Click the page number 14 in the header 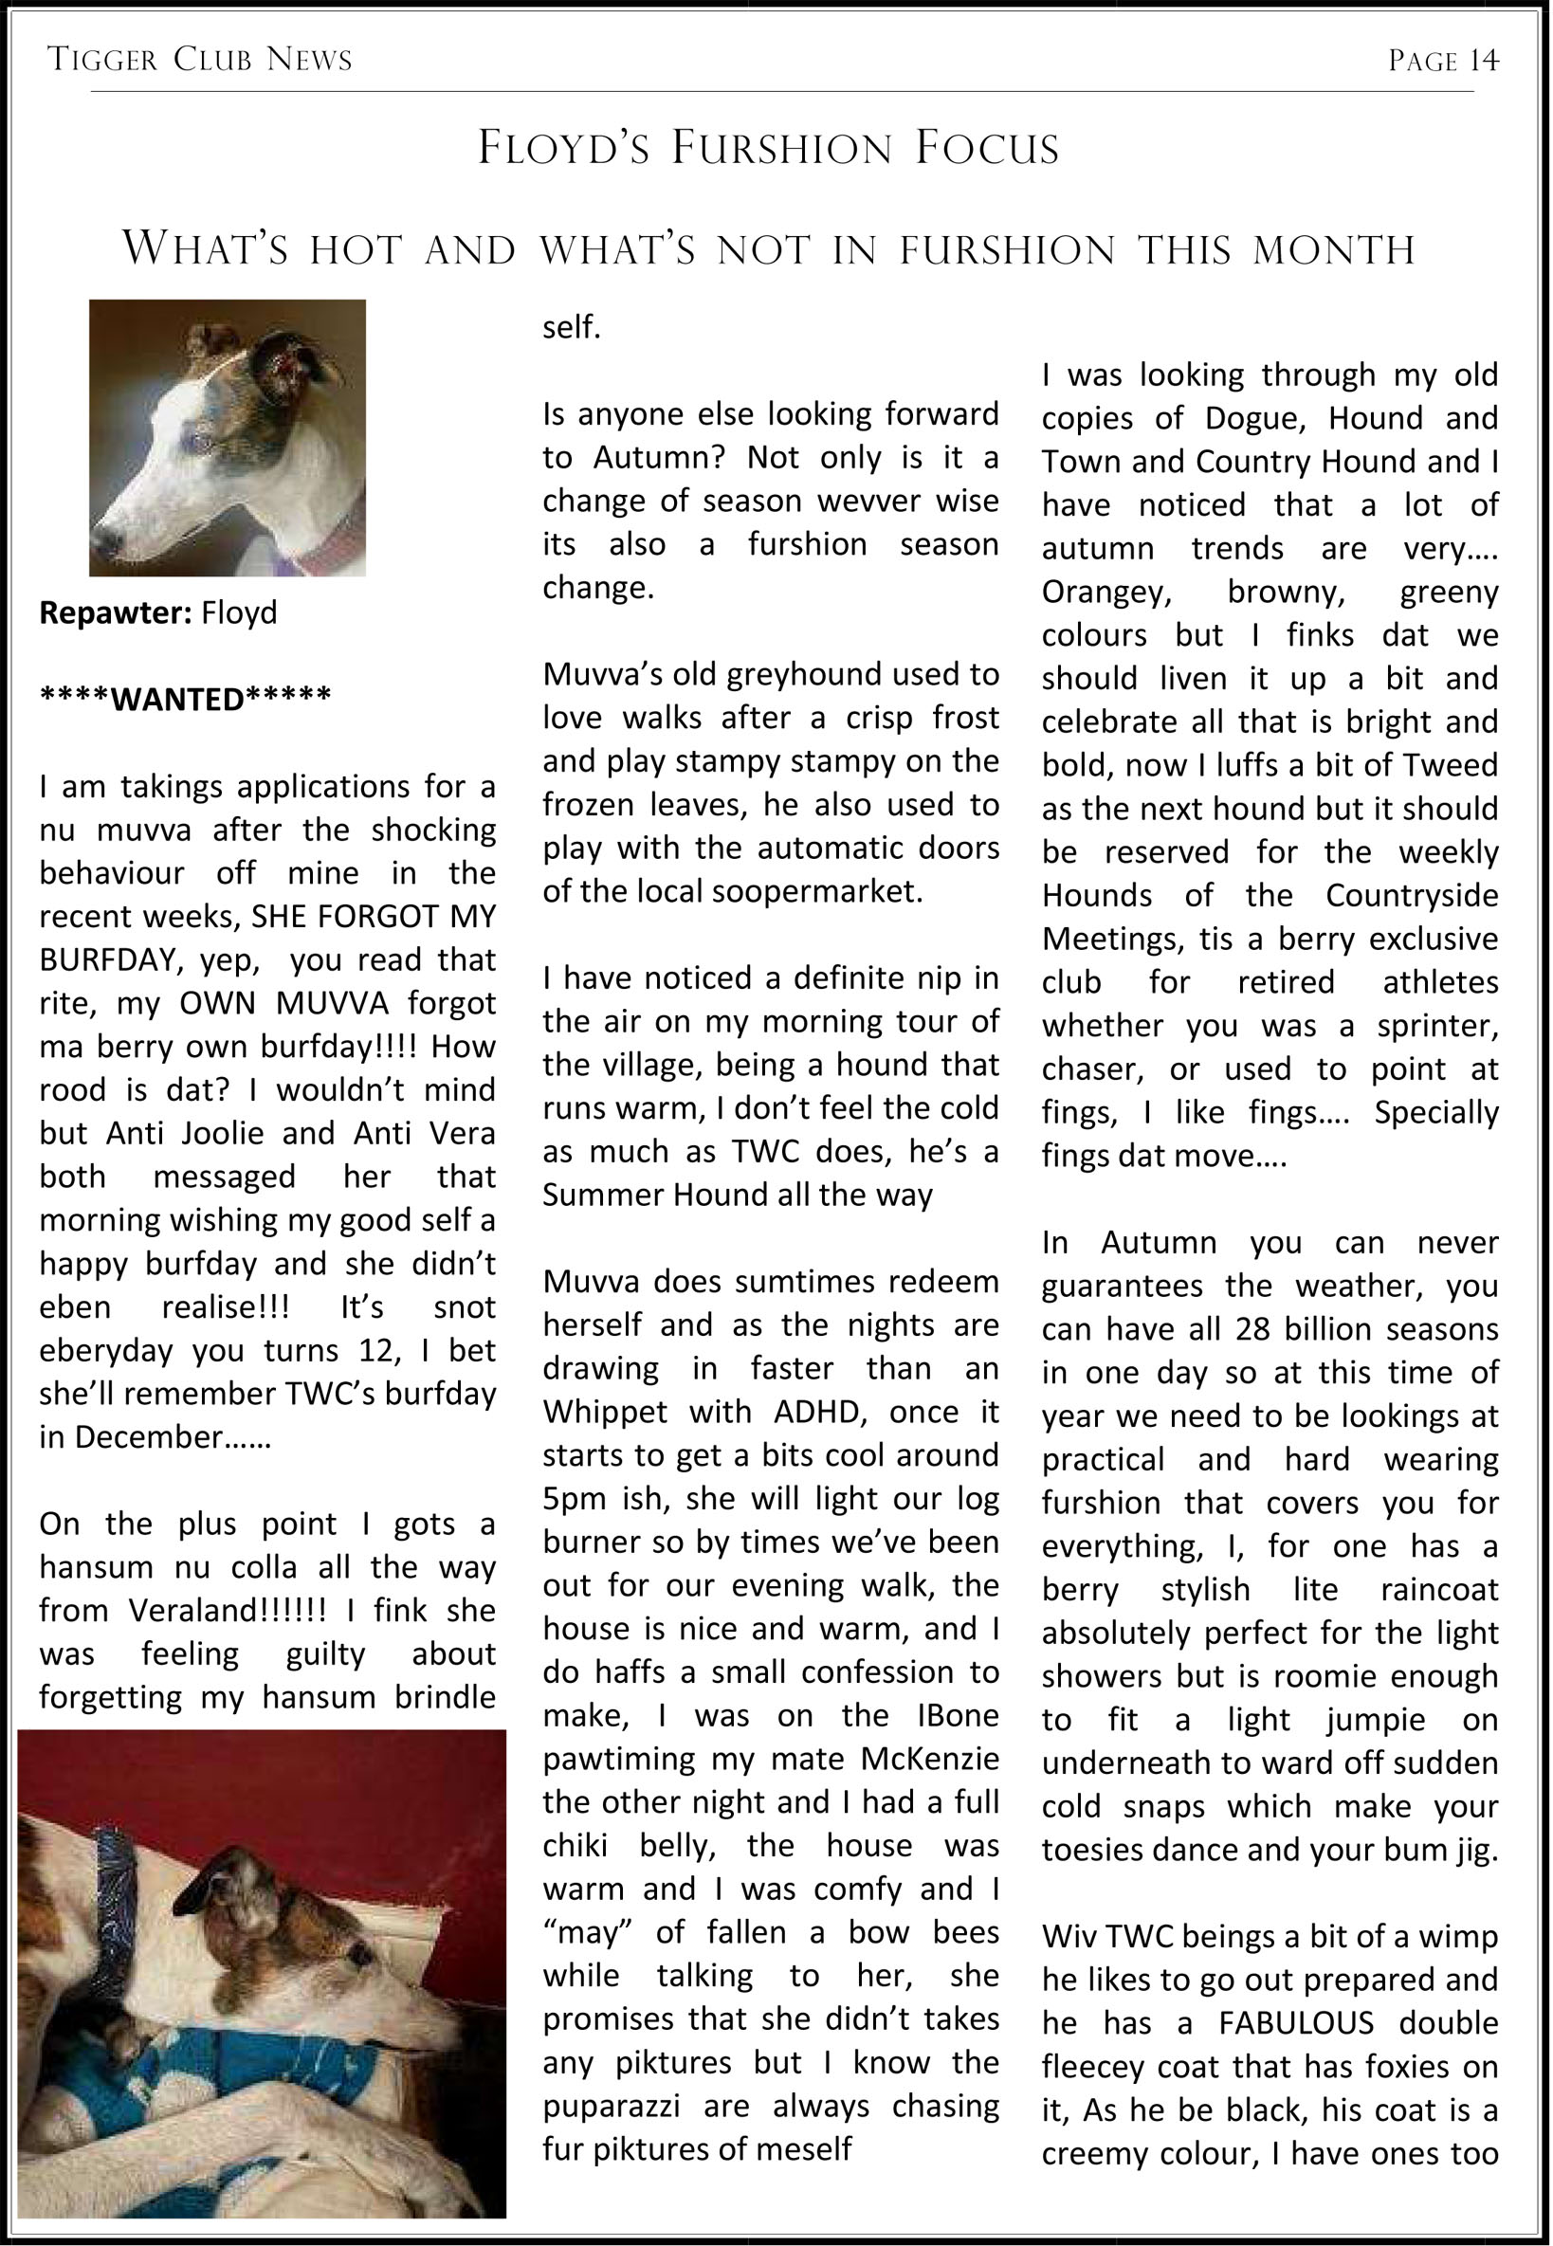[x=1484, y=61]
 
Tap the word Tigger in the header [x=102, y=60]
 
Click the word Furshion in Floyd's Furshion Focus [x=781, y=148]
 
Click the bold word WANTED [x=178, y=699]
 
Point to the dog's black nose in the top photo [x=105, y=539]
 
